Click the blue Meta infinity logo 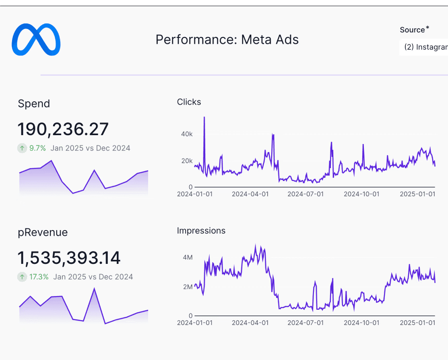pyautogui.click(x=36, y=39)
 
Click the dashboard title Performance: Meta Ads pyautogui.click(x=227, y=40)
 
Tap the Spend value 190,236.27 pyautogui.click(x=63, y=130)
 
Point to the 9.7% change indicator pyautogui.click(x=37, y=148)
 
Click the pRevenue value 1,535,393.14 pyautogui.click(x=69, y=258)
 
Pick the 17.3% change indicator pyautogui.click(x=39, y=277)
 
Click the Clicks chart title pyautogui.click(x=189, y=102)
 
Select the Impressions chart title pyautogui.click(x=201, y=231)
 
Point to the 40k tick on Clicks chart pyautogui.click(x=187, y=134)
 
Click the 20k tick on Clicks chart pyautogui.click(x=187, y=161)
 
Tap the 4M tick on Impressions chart pyautogui.click(x=188, y=257)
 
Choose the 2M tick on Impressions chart pyautogui.click(x=188, y=287)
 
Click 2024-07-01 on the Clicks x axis pyautogui.click(x=306, y=194)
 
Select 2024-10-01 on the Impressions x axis pyautogui.click(x=361, y=323)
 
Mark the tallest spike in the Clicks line pyautogui.click(x=204, y=117)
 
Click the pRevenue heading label pyautogui.click(x=43, y=232)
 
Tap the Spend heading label pyautogui.click(x=34, y=104)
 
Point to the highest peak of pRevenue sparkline pyautogui.click(x=94, y=288)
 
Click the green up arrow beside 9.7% pyautogui.click(x=22, y=148)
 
